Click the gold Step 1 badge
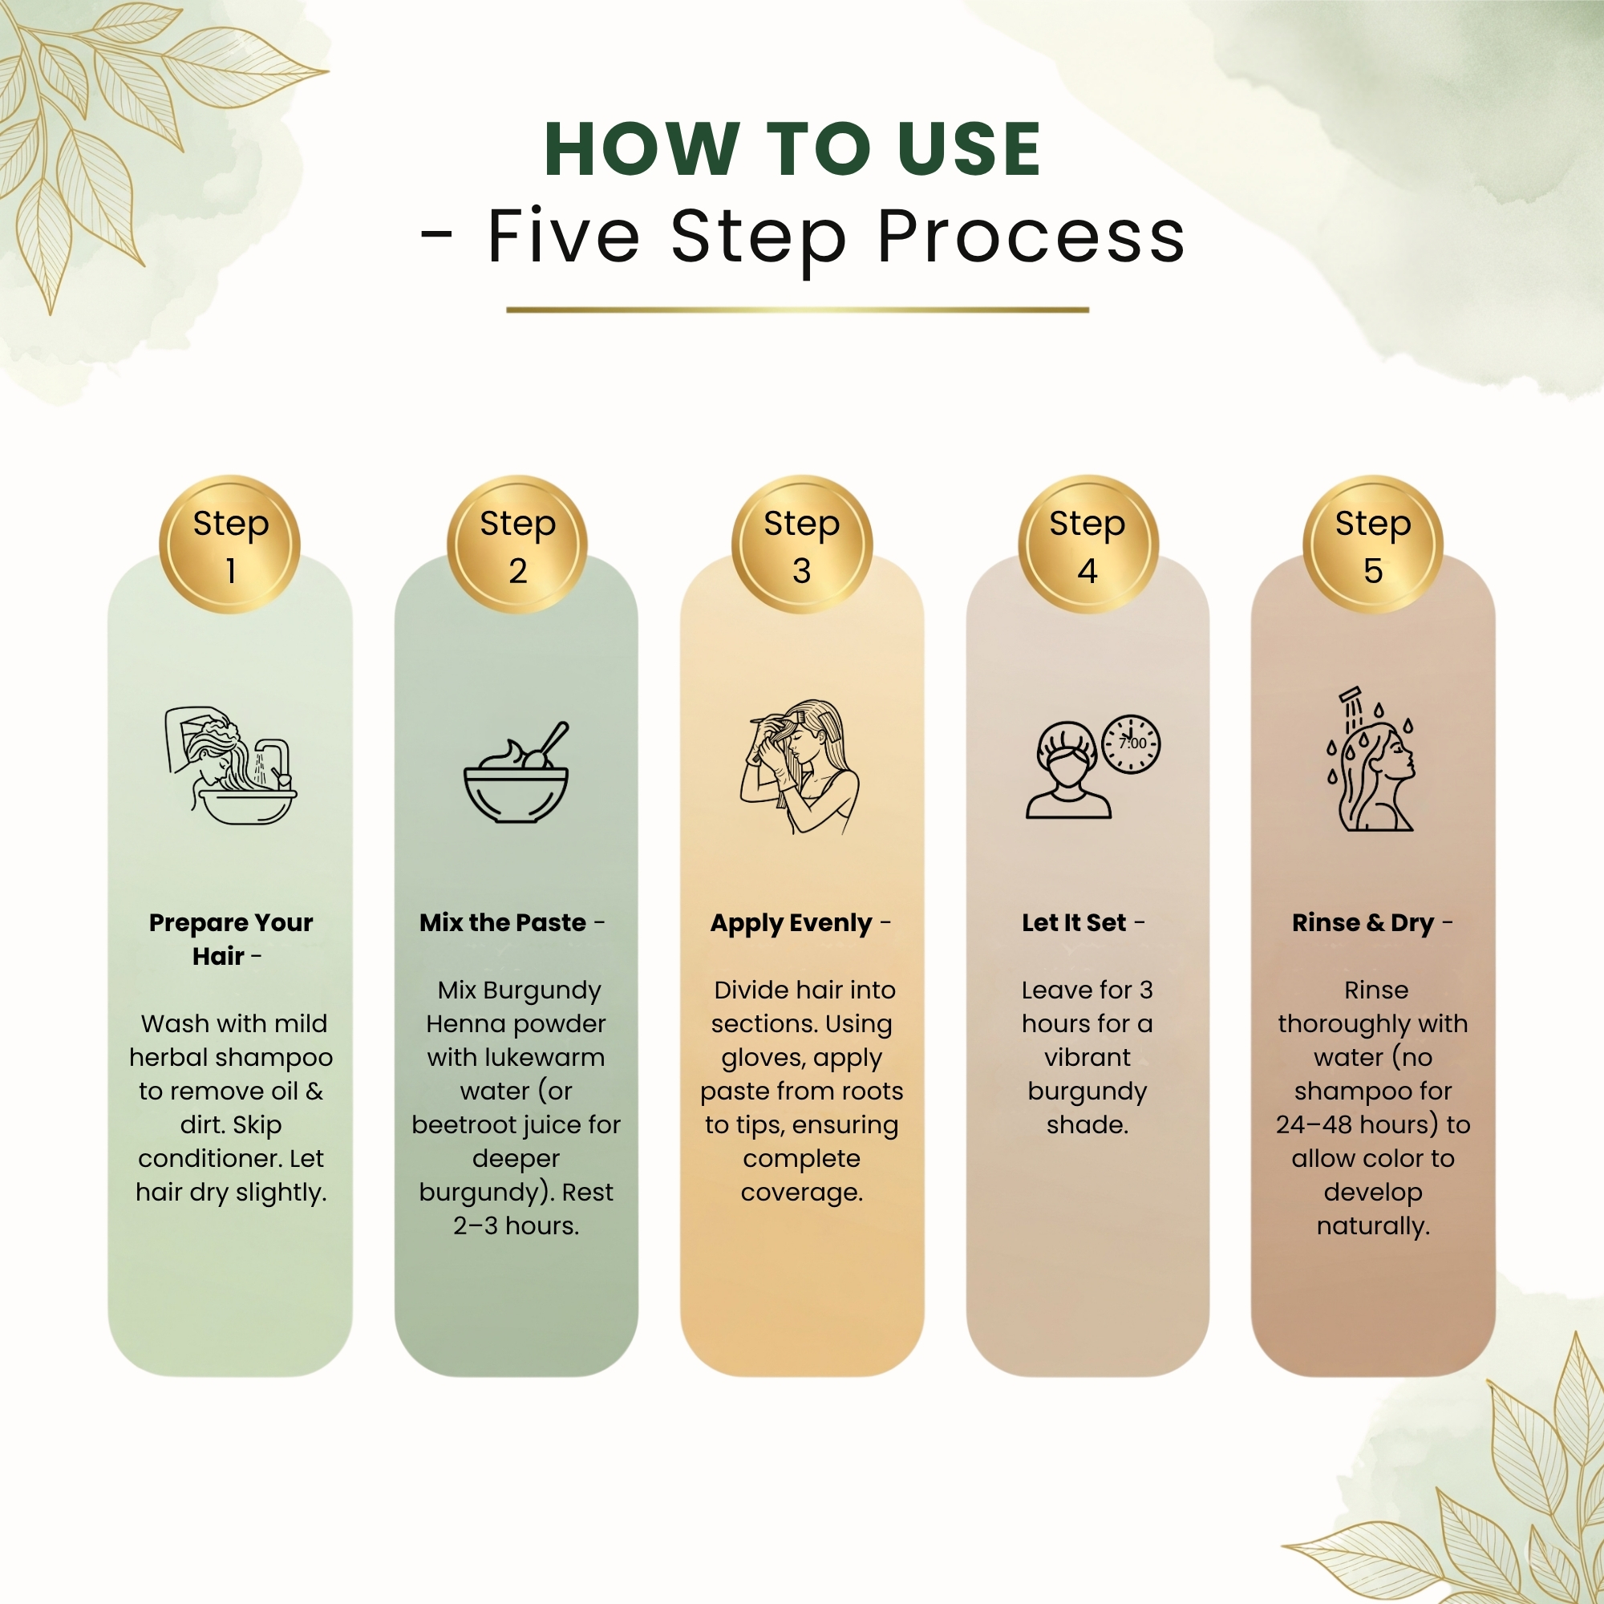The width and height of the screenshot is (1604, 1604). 230,545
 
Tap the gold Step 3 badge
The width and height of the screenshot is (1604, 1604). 802,545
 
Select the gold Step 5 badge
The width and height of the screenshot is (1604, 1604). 1373,545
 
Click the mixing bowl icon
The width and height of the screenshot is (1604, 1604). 516,772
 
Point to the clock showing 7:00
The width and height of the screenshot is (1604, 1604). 1131,744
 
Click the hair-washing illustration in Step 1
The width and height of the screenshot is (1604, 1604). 231,764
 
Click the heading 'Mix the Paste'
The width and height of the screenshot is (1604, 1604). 503,922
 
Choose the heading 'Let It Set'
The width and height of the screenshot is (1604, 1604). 1075,922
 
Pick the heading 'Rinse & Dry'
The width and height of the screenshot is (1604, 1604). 1363,923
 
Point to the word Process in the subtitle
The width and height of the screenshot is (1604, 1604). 1031,238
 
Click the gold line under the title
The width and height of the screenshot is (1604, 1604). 798,310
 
